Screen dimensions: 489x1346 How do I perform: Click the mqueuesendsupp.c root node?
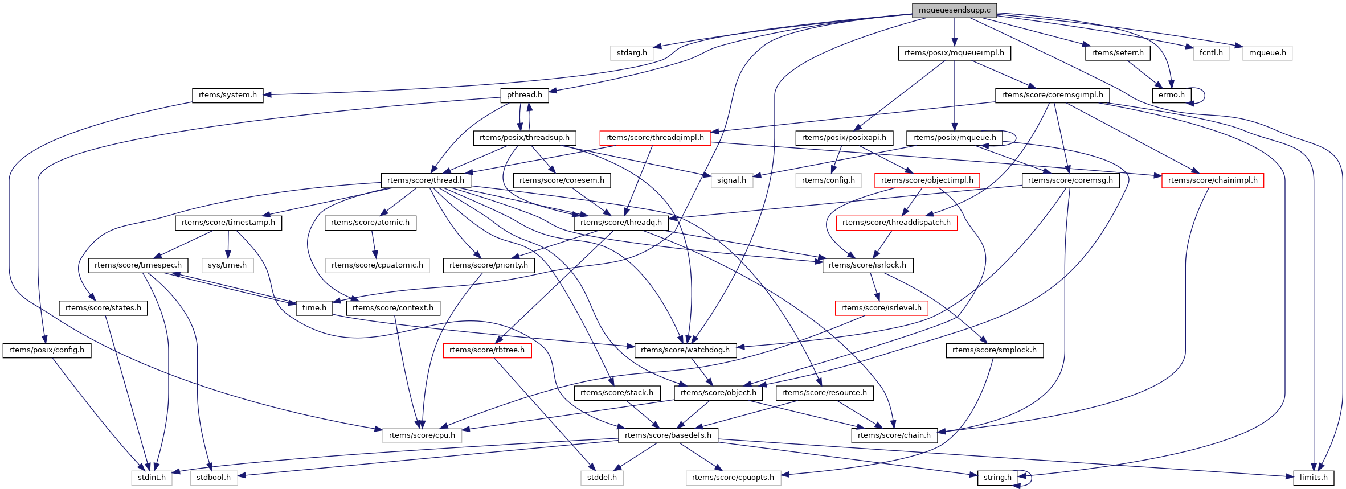coord(954,10)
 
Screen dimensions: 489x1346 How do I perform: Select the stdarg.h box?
coord(632,53)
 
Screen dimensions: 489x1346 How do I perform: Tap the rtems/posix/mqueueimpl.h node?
coord(954,53)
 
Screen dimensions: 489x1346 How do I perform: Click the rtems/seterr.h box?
coord(1118,53)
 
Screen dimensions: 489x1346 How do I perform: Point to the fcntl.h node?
coord(1211,53)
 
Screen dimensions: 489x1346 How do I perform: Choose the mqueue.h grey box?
coord(1267,53)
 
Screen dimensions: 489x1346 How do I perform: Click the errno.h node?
coord(1171,95)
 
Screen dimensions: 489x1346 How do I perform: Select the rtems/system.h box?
coord(228,95)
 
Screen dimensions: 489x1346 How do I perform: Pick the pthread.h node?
coord(525,95)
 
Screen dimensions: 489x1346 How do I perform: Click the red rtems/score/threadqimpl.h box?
coord(655,138)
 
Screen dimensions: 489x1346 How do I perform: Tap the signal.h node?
coord(731,180)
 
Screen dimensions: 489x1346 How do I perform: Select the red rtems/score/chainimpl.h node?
coord(1213,180)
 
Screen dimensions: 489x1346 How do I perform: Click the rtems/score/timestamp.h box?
coord(228,223)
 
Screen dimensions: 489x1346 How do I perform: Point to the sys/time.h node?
coord(227,265)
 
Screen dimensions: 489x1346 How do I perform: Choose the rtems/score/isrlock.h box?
coord(868,265)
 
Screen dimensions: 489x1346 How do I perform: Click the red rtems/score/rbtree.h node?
coord(487,350)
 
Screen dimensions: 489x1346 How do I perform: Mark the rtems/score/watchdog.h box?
coord(685,350)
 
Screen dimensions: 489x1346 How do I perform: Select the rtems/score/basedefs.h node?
coord(668,435)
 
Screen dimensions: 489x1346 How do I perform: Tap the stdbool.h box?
coord(214,478)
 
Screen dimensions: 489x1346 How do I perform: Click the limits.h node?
coord(1314,478)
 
